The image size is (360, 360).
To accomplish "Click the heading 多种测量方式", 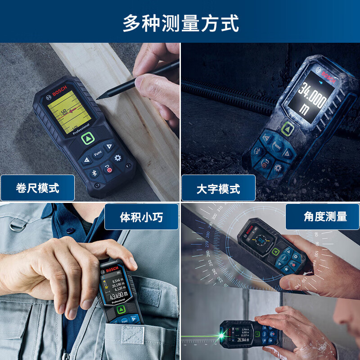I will [180, 23].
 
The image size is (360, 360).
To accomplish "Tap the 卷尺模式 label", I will [37, 188].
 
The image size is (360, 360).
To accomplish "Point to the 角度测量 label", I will [325, 217].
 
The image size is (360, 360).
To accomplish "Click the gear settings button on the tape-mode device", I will [118, 158].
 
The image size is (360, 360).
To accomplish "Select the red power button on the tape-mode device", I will [108, 170].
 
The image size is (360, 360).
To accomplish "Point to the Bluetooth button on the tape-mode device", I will [94, 173].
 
